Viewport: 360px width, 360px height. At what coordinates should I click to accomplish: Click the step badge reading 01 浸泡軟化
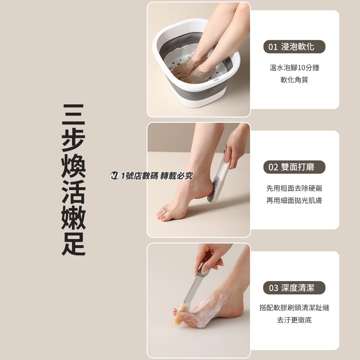click(x=294, y=47)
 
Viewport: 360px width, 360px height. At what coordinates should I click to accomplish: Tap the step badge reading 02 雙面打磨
click(x=294, y=167)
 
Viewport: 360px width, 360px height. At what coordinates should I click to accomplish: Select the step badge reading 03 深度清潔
click(x=294, y=288)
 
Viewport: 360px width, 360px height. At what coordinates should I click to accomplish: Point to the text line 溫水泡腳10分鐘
click(x=294, y=68)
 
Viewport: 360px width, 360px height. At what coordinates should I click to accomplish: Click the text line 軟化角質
click(x=294, y=80)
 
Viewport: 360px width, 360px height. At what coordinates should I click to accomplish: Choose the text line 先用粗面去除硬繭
click(x=294, y=188)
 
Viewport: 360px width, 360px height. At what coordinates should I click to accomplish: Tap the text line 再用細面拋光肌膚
click(x=294, y=200)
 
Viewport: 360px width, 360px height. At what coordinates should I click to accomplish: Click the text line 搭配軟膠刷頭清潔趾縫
click(x=294, y=308)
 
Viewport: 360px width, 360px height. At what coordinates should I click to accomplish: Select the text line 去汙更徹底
click(x=294, y=320)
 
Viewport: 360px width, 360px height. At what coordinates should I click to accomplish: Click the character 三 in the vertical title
click(x=73, y=115)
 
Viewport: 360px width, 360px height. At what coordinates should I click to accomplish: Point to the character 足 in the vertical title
click(x=73, y=244)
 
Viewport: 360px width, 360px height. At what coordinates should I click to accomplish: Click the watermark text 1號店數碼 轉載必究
click(x=157, y=176)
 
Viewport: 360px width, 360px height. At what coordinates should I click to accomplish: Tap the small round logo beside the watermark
click(x=114, y=176)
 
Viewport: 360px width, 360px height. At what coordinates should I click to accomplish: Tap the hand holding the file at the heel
click(x=236, y=144)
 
